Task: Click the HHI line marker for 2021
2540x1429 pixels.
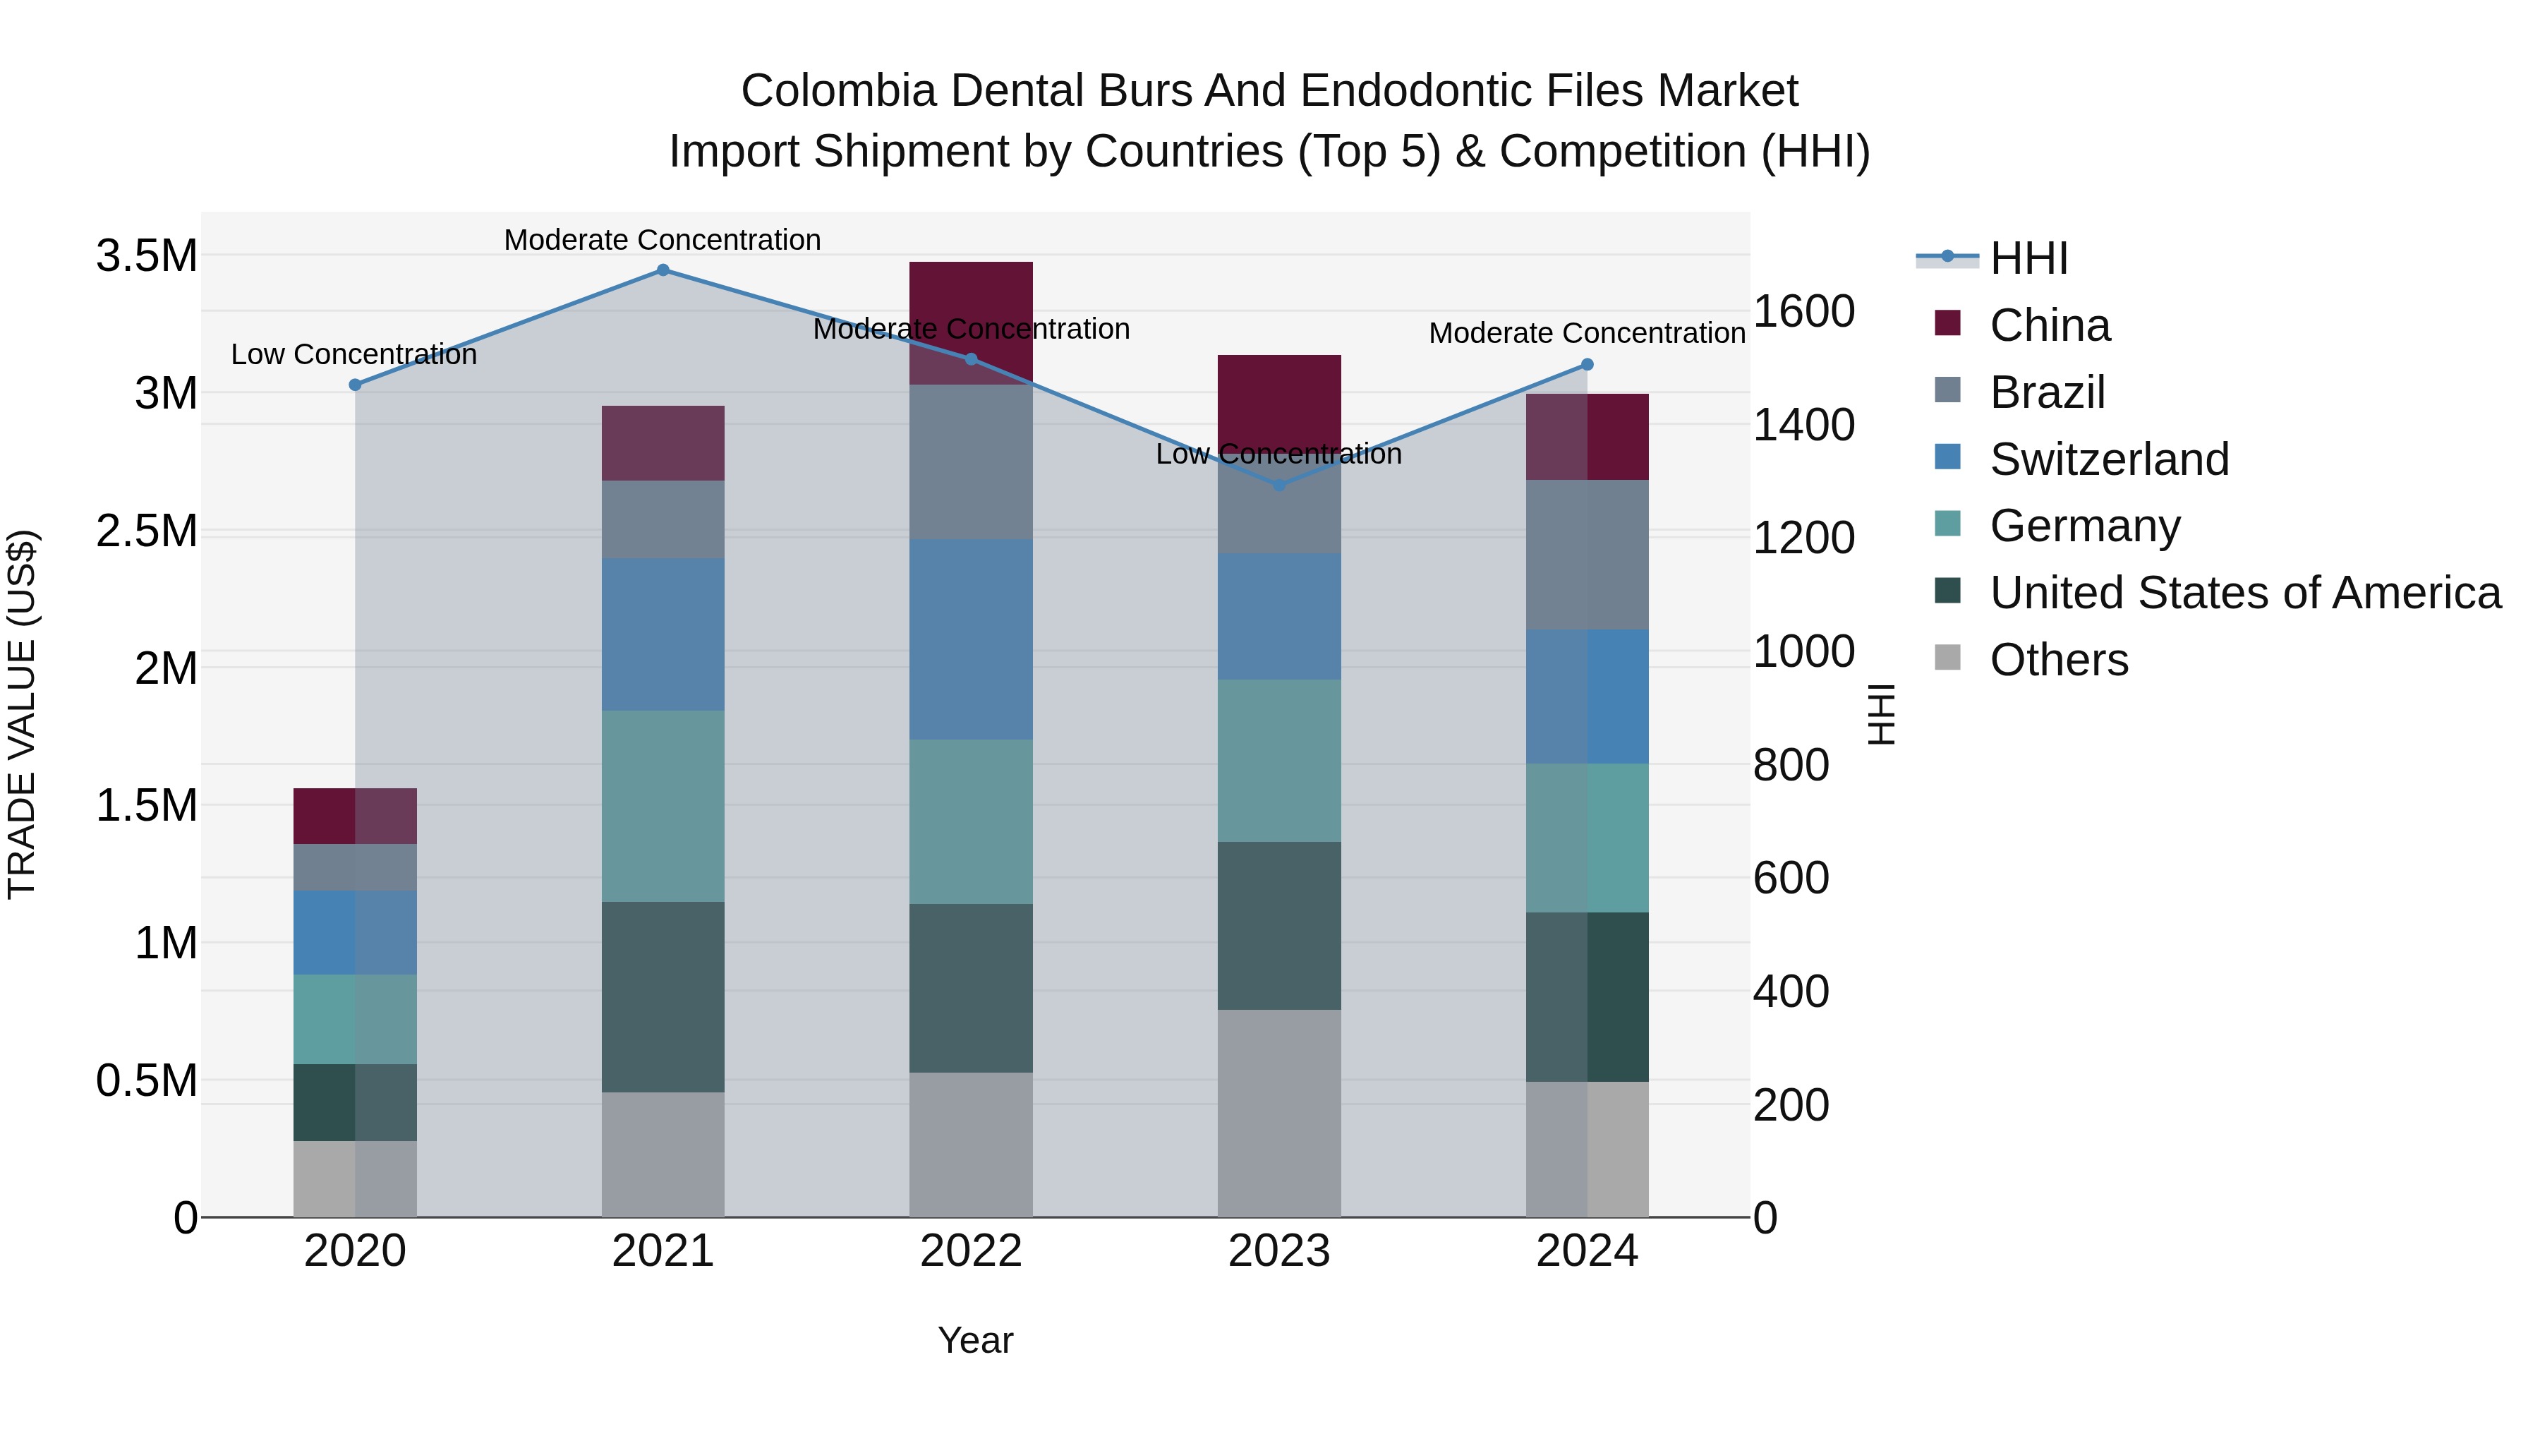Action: (x=663, y=270)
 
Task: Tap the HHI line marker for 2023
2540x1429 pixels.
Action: (x=1280, y=486)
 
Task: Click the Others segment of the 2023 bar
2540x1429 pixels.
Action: (x=1280, y=1112)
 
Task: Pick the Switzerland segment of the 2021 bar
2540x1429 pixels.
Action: (x=663, y=634)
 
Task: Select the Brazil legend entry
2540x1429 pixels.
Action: (x=2047, y=392)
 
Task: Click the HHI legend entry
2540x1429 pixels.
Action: (x=2028, y=258)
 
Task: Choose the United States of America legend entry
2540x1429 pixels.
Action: (x=2245, y=593)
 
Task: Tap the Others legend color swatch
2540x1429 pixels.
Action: (x=1948, y=658)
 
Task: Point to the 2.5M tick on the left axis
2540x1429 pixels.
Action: (x=147, y=531)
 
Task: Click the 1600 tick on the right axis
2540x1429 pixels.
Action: (x=1803, y=312)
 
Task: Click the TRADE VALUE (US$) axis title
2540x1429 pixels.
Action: (x=23, y=714)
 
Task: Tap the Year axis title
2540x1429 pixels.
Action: (x=975, y=1340)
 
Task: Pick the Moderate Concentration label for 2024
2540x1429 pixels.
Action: (x=1587, y=333)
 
